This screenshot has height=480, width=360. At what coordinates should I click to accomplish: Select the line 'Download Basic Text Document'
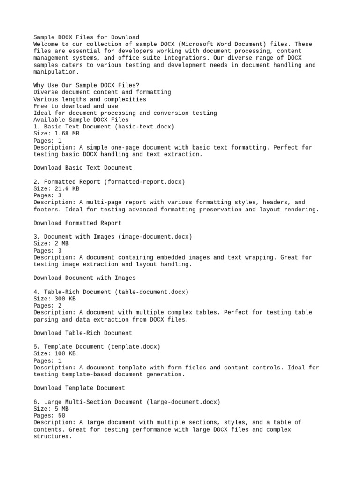tap(82, 168)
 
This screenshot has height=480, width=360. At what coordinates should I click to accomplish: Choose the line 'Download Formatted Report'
tap(77, 223)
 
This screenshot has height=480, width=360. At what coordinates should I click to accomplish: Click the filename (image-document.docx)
tap(155, 237)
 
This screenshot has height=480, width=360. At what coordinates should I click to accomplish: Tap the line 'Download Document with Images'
tap(84, 278)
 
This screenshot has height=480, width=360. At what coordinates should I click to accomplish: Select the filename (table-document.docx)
tap(151, 292)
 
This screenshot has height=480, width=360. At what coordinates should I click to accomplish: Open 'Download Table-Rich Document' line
tap(82, 333)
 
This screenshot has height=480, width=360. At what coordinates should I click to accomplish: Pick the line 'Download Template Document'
tap(79, 388)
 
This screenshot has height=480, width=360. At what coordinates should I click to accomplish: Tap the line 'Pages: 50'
tap(49, 416)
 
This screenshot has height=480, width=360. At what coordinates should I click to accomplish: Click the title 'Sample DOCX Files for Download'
tap(86, 37)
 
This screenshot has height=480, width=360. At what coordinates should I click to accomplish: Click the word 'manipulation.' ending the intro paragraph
tap(56, 72)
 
